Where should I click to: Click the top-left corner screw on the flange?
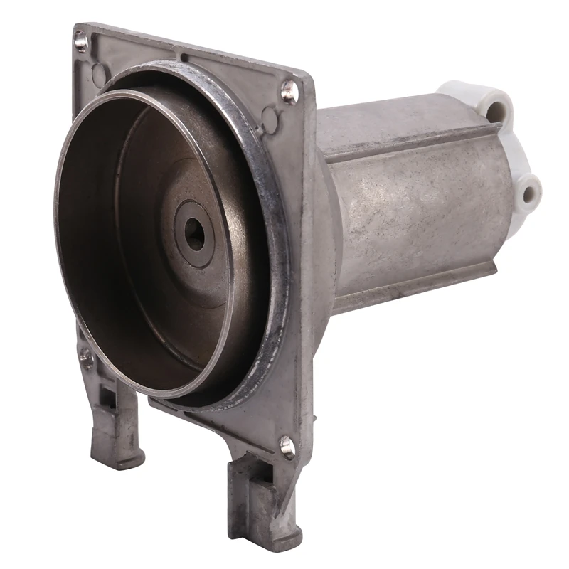tap(82, 42)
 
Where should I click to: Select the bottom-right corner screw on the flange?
tap(287, 445)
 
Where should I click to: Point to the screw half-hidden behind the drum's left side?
tap(87, 359)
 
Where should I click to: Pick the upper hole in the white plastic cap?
tap(499, 111)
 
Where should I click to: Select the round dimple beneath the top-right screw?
tap(270, 116)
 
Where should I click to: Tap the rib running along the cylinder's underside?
tap(420, 281)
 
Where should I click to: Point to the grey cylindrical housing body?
tap(420, 206)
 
